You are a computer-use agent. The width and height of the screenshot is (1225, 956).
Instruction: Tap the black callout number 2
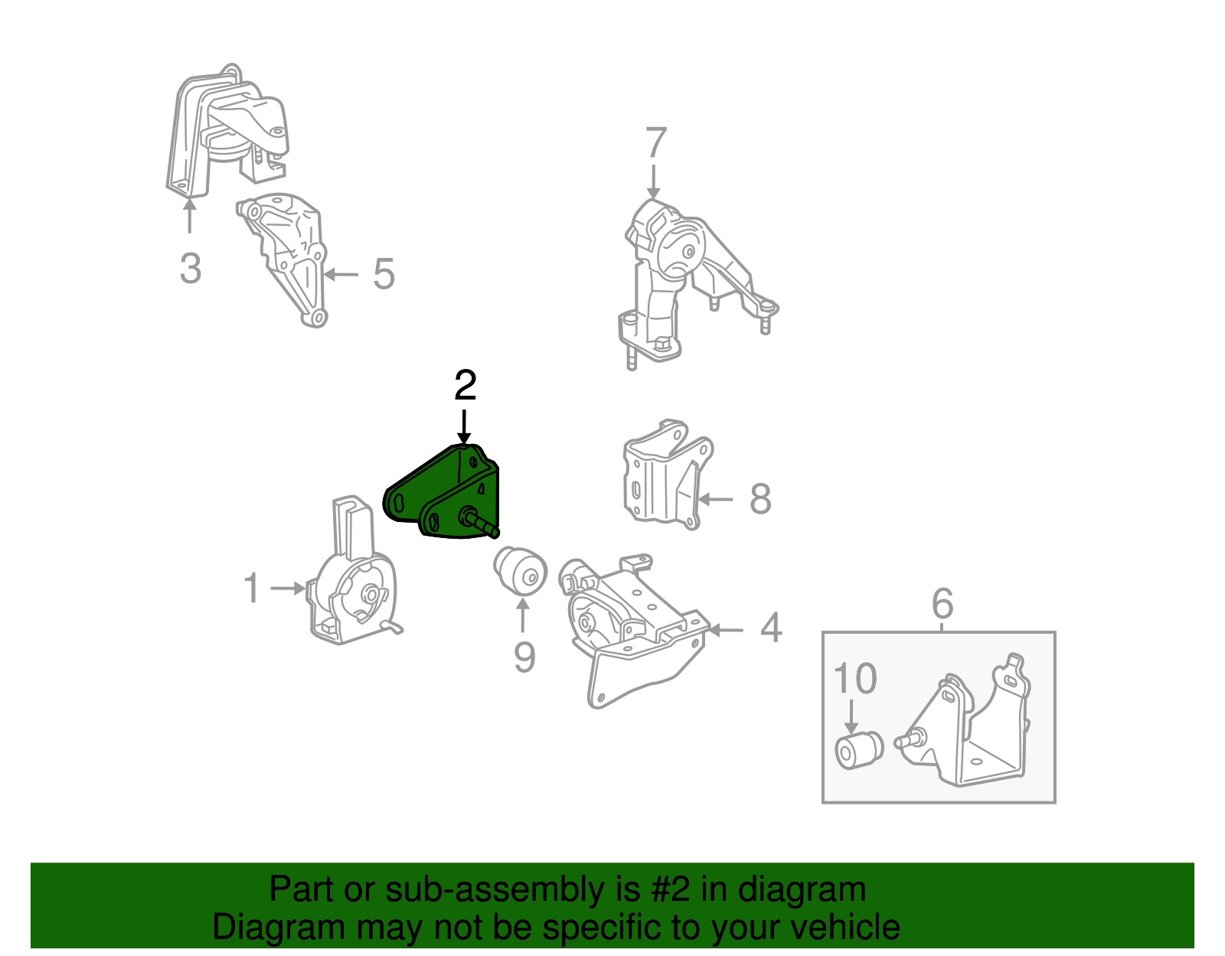pos(465,386)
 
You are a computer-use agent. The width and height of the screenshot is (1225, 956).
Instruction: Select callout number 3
pos(191,269)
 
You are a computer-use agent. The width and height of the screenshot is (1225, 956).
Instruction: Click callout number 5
pos(384,274)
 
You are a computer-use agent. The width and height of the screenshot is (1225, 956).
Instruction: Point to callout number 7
pos(655,143)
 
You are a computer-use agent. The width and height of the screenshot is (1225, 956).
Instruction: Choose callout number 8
pos(759,499)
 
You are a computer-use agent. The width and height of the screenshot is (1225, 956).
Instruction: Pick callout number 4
pos(771,628)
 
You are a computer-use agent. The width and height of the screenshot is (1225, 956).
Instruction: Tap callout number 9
pos(524,657)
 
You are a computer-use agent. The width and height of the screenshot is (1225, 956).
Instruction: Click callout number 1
pos(251,589)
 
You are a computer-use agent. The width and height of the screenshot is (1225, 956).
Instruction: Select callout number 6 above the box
pos(942,604)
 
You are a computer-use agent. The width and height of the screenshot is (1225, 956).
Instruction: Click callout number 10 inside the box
pos(854,679)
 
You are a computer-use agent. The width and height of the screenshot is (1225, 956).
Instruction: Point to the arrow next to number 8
pos(716,499)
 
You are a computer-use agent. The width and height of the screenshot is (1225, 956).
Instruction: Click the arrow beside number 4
pos(726,630)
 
